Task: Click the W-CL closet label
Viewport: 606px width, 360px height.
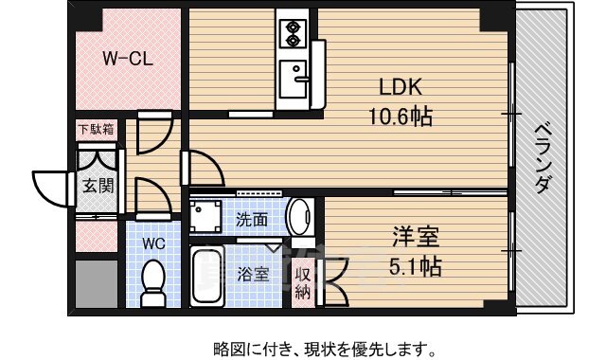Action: tap(128, 59)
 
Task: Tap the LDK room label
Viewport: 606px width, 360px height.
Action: tap(400, 87)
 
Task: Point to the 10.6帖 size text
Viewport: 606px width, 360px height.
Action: tap(400, 116)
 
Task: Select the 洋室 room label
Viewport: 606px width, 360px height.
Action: tap(416, 237)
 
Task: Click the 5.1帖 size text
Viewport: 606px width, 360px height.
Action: tap(415, 266)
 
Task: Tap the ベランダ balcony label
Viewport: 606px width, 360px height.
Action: tap(543, 158)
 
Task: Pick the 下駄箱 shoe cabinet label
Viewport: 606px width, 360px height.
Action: tap(97, 129)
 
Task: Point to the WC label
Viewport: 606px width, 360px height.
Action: tap(153, 243)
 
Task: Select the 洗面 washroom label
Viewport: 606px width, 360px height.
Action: tap(252, 220)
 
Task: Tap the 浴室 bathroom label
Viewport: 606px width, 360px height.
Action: tap(253, 275)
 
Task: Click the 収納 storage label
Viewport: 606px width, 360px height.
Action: tap(303, 284)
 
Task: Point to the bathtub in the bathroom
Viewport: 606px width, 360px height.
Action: tap(207, 276)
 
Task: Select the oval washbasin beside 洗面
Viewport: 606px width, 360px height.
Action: tap(298, 217)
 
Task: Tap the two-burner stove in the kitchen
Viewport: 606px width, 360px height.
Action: tap(293, 34)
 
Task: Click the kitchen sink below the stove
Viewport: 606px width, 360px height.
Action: tap(294, 79)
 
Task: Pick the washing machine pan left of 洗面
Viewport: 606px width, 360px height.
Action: tap(205, 216)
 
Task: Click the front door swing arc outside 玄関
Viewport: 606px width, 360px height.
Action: tap(50, 189)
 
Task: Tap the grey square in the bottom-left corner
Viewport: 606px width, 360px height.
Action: tap(97, 284)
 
